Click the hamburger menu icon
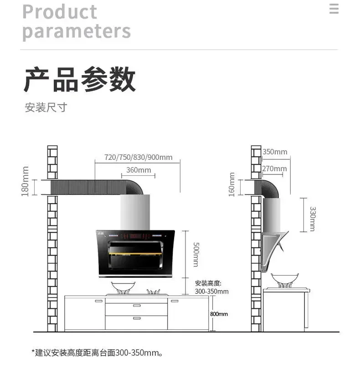click(x=334, y=9)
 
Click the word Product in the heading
click(x=60, y=11)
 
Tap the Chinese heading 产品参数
click(x=80, y=80)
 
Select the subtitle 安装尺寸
click(x=46, y=108)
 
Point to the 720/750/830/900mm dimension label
click(x=139, y=158)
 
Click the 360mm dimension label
click(x=139, y=170)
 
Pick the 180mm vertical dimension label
click(x=25, y=181)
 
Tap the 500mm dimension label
click(x=195, y=255)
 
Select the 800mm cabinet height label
click(x=219, y=314)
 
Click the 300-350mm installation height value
click(x=212, y=291)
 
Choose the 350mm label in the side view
click(x=275, y=152)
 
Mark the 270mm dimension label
click(x=274, y=169)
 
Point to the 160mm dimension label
click(x=232, y=184)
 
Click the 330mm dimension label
click(x=312, y=219)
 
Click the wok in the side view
click(x=285, y=279)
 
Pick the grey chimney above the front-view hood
click(x=135, y=212)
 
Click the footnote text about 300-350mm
click(x=98, y=353)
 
